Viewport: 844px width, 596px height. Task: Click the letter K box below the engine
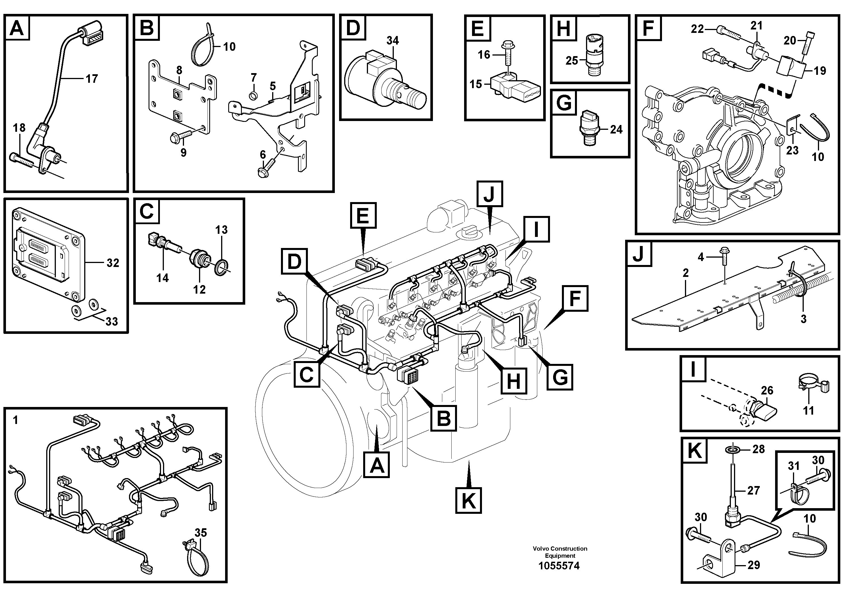468,500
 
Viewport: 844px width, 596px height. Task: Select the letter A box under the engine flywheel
376,465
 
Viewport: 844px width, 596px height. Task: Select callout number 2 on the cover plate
686,273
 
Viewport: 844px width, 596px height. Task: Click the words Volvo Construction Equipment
560,552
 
